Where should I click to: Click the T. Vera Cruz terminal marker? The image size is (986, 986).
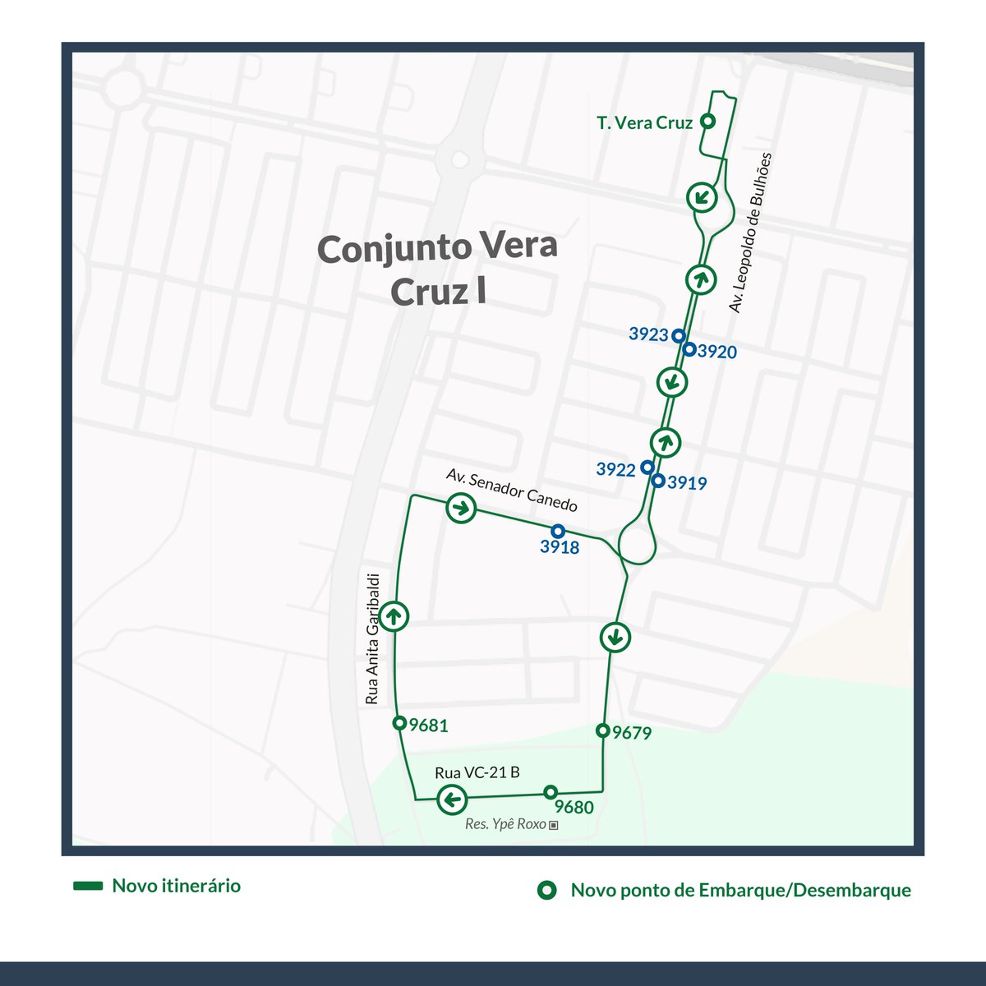tap(707, 122)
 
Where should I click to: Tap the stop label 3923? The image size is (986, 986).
tap(648, 334)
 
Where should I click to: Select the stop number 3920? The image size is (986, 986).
tap(717, 352)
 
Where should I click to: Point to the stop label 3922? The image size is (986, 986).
tap(616, 469)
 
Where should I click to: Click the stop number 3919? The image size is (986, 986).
tap(687, 483)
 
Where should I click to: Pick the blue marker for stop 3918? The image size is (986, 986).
tap(558, 530)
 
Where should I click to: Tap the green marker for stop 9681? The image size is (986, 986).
tap(399, 723)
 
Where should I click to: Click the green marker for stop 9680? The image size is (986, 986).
tap(551, 792)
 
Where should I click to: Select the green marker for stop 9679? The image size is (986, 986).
tap(602, 730)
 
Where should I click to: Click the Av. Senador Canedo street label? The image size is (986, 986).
tap(511, 491)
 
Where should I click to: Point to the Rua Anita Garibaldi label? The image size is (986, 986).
tap(372, 638)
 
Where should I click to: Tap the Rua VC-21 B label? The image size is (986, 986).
tap(477, 772)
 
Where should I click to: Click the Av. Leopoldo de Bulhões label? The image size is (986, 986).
tap(751, 233)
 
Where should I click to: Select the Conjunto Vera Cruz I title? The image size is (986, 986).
tap(437, 269)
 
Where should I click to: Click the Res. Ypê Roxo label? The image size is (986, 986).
tap(506, 824)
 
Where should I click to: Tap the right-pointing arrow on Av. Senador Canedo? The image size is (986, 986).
tap(460, 508)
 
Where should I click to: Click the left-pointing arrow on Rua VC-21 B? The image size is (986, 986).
tap(451, 799)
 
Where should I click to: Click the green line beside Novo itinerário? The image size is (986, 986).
tap(87, 886)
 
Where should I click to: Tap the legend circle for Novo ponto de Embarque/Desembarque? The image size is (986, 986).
tap(546, 890)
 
